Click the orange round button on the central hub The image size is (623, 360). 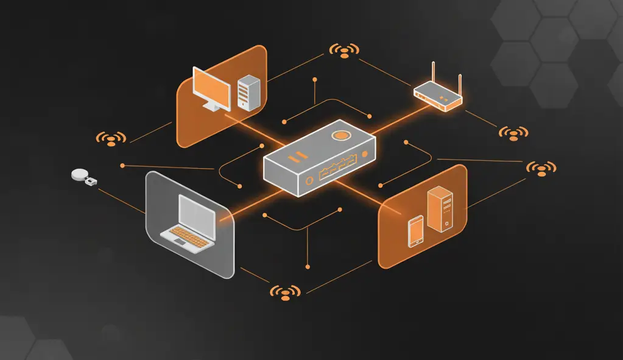(340, 135)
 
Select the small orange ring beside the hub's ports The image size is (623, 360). (309, 179)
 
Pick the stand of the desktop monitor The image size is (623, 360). (212, 107)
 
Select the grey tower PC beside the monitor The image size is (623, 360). (248, 93)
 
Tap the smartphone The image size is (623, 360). (415, 231)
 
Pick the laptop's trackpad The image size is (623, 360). (181, 241)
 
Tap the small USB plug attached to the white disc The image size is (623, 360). (91, 182)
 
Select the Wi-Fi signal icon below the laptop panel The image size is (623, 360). (285, 292)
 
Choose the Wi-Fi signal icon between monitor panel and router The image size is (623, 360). (344, 51)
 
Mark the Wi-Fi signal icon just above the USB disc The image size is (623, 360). (111, 139)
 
